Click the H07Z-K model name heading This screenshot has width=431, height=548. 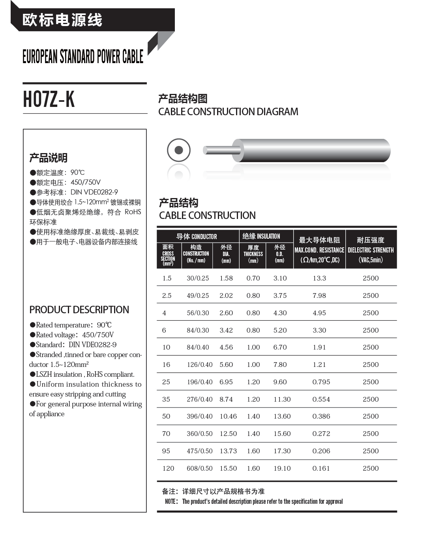click(49, 99)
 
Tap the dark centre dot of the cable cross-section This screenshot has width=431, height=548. click(179, 150)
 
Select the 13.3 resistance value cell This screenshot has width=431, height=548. click(319, 278)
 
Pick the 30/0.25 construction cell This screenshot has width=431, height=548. click(198, 278)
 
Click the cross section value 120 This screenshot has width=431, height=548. click(168, 468)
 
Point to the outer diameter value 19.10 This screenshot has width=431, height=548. click(282, 468)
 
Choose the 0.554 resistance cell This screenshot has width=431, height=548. click(321, 399)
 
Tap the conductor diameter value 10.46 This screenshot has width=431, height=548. click(228, 416)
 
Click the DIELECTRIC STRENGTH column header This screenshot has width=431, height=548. click(371, 250)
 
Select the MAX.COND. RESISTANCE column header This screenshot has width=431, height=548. click(319, 250)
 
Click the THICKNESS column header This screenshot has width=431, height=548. click(253, 254)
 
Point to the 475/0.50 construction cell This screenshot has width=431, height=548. click(199, 451)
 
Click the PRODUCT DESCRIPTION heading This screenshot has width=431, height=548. click(79, 310)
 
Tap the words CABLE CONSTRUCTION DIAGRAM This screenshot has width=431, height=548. click(228, 112)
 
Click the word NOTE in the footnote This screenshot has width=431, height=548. click(171, 501)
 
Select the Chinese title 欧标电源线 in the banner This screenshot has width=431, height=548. click(62, 20)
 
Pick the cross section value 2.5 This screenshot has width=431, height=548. click(167, 296)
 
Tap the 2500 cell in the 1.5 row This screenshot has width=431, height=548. click(371, 278)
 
